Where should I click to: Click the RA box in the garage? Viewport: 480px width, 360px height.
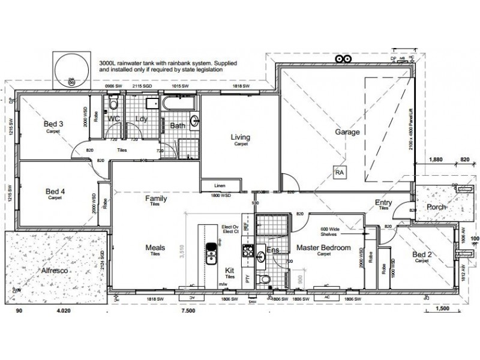coord(340,172)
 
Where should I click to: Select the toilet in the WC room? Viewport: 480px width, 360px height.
coord(113,105)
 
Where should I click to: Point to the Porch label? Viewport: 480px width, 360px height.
coord(435,207)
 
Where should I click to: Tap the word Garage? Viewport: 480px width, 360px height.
coord(347,132)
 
